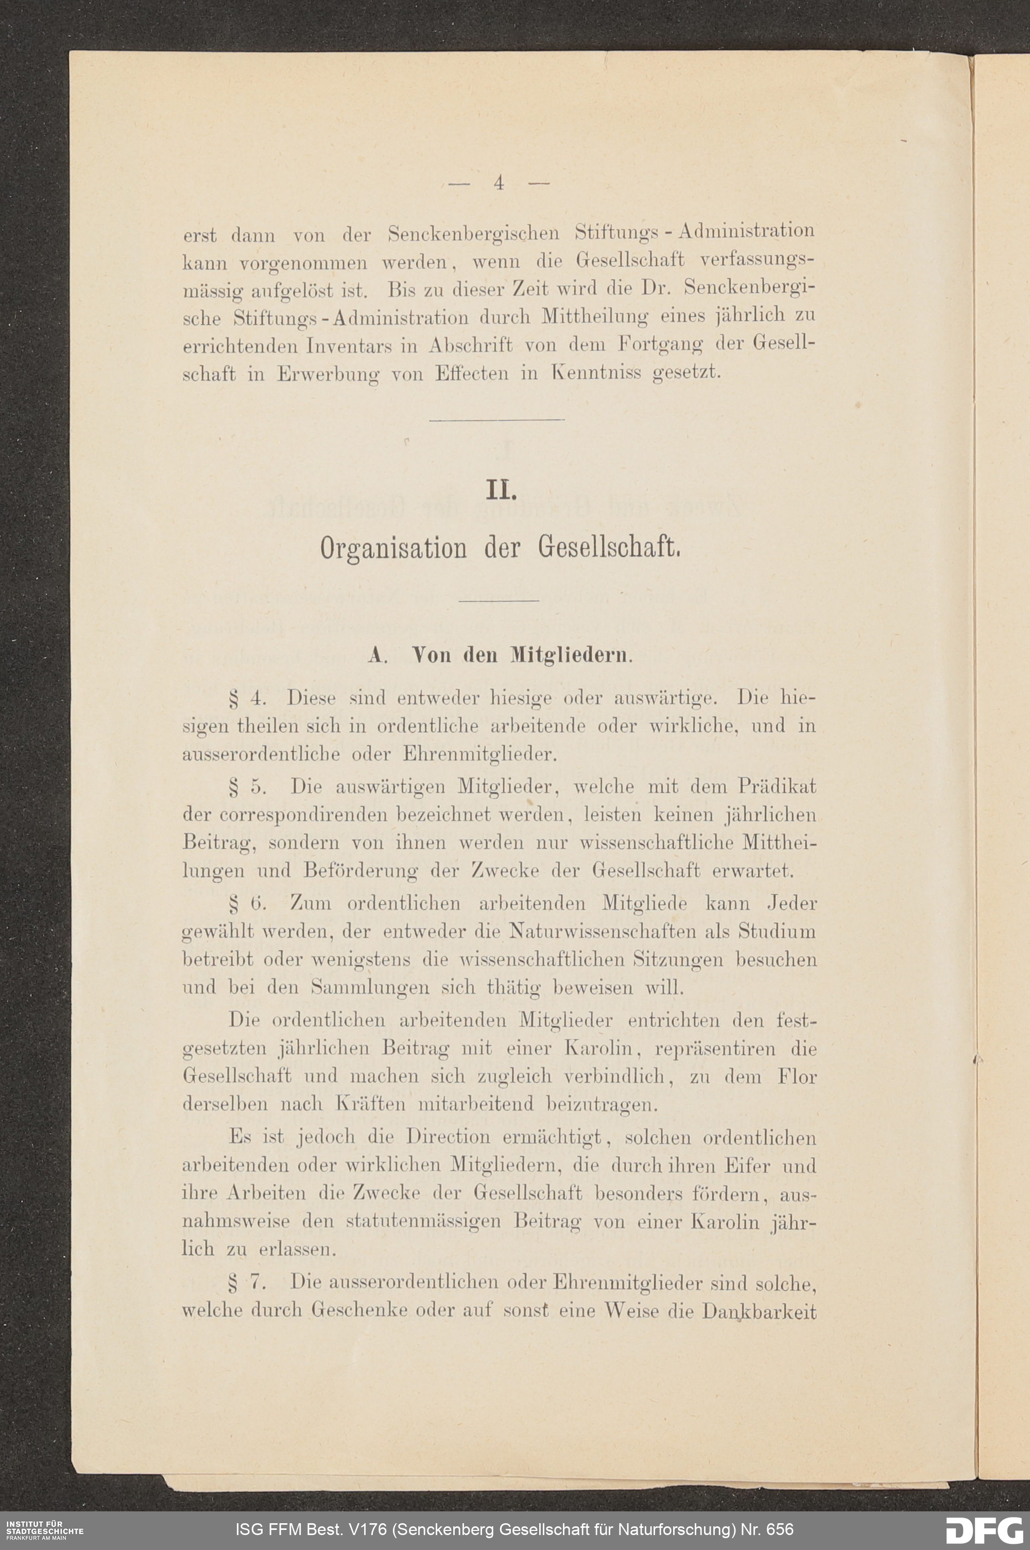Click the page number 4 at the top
(499, 183)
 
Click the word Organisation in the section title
(393, 547)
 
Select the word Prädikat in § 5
(777, 786)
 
